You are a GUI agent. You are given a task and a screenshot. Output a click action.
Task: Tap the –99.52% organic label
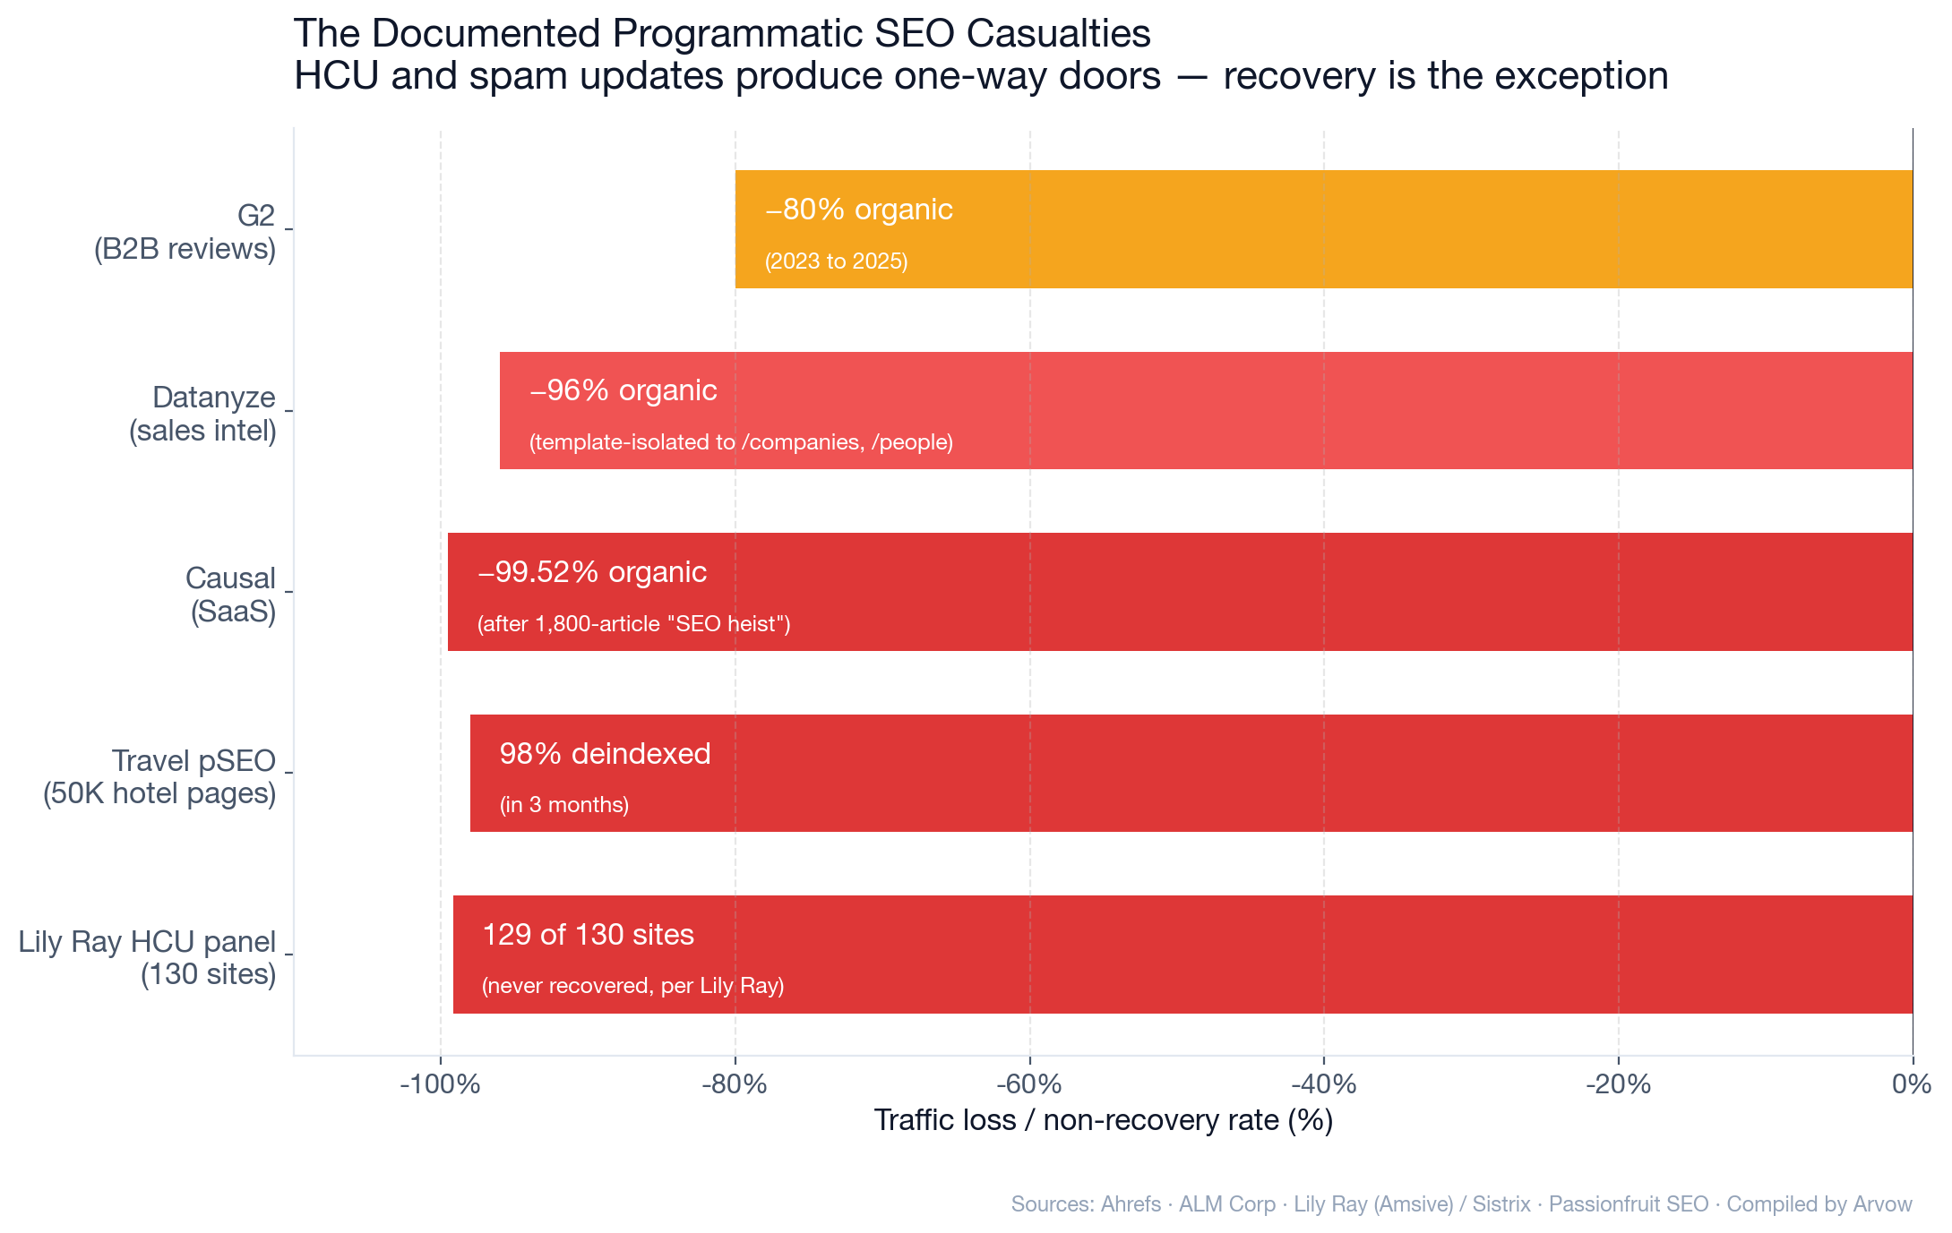click(592, 572)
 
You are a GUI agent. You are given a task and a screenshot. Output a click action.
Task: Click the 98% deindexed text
click(605, 754)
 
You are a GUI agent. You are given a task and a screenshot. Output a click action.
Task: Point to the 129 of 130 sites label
click(588, 935)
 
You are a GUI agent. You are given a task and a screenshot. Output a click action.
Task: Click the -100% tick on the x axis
click(440, 1084)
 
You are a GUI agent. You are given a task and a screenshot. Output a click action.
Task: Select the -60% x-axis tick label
click(1029, 1084)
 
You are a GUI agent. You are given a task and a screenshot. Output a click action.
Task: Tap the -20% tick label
click(1618, 1084)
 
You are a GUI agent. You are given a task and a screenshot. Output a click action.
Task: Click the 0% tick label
click(1911, 1084)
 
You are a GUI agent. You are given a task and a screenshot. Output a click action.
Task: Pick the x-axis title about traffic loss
click(1103, 1120)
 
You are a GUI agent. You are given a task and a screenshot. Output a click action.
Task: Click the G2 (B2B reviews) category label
click(185, 232)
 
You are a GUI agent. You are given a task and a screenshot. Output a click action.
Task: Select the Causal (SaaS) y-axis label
click(231, 595)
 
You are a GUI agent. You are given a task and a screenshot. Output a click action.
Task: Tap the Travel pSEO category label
click(159, 776)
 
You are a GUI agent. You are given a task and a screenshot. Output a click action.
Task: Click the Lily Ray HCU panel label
click(148, 957)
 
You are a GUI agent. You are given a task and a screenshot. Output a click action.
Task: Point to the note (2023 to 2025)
click(836, 261)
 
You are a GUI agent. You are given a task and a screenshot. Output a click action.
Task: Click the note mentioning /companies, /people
click(741, 442)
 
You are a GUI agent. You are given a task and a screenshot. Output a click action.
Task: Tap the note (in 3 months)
click(564, 805)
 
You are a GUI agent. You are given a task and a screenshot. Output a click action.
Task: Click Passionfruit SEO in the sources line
click(1628, 1204)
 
